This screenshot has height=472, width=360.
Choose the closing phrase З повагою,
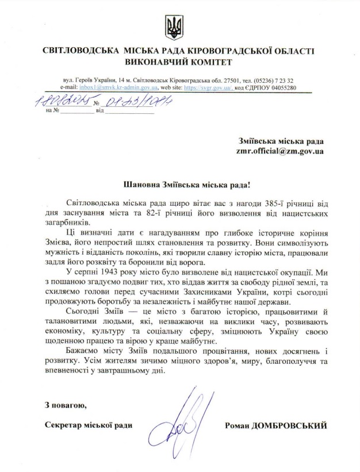click(66, 406)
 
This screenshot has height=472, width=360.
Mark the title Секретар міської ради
click(88, 425)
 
